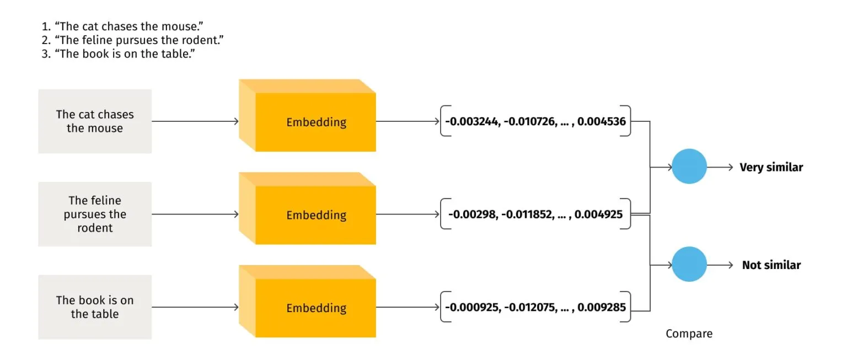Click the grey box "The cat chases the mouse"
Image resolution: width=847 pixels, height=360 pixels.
[x=95, y=121]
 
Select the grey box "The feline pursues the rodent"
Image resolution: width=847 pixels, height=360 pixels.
[x=95, y=214]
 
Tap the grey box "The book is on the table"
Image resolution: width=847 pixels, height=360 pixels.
[x=95, y=307]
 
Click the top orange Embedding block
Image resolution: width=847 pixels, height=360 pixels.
[x=315, y=122]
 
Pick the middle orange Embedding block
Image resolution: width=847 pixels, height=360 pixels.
[x=315, y=215]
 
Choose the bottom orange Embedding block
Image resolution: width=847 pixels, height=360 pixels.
[x=315, y=308]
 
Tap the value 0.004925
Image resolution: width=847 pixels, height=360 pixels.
[x=598, y=214]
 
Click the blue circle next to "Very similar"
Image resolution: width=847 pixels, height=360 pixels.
[x=689, y=166]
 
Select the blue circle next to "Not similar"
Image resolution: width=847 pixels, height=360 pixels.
[x=689, y=265]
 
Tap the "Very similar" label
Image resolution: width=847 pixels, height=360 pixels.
[x=771, y=167]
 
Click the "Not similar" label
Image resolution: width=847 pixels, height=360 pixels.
[x=771, y=265]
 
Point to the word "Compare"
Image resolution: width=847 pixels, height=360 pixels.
[x=689, y=334]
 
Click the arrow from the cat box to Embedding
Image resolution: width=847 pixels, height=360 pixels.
[x=195, y=121]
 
